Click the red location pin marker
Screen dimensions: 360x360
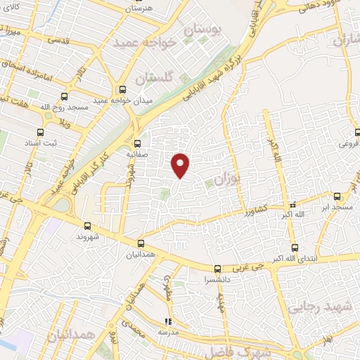181,164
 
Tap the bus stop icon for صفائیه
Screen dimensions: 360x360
139,139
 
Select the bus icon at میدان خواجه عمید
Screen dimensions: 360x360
123,89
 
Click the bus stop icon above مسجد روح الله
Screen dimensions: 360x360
65,98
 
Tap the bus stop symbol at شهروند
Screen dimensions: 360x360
88,226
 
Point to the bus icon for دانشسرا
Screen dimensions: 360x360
217,269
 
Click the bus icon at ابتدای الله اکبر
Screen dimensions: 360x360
295,247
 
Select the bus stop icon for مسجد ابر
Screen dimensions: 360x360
337,196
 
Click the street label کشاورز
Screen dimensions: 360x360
255,210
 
